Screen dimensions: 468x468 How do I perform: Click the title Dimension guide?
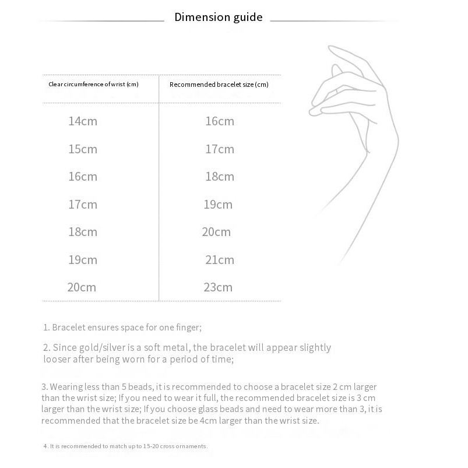219,17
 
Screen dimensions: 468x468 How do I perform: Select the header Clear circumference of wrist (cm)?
93,85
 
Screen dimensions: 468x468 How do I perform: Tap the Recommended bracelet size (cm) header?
219,85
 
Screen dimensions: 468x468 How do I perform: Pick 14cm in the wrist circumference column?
82,121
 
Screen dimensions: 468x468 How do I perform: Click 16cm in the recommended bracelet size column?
219,121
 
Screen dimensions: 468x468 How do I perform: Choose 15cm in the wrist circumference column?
82,149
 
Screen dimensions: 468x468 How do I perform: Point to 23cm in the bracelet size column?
217,287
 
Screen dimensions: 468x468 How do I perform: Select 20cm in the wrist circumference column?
82,287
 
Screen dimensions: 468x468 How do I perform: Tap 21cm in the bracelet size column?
219,260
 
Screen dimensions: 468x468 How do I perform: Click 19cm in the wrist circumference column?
82,260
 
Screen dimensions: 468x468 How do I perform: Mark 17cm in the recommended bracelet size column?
219,149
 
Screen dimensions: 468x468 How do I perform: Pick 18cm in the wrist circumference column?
82,232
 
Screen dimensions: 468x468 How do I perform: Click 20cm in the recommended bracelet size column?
216,232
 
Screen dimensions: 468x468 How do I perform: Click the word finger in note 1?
185,328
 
